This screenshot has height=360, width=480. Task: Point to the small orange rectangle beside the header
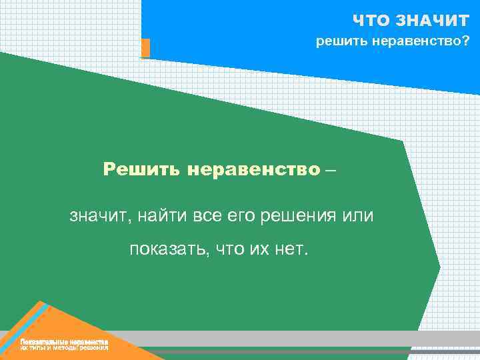point(145,48)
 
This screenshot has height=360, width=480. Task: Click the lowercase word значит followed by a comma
point(95,217)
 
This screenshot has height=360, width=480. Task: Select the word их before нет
point(263,250)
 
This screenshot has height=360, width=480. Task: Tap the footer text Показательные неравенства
point(64,342)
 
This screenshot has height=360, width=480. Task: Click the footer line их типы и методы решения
point(64,348)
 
